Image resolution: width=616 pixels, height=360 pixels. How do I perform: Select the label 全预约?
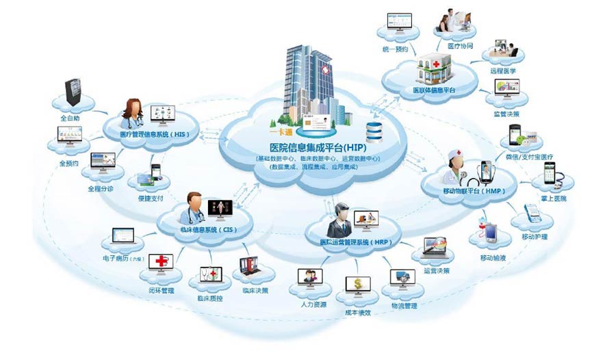tap(68, 164)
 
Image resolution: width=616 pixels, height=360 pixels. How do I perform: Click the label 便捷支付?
tap(150, 199)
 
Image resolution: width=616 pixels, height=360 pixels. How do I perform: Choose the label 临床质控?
tap(211, 298)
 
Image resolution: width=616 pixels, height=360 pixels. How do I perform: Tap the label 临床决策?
tap(255, 290)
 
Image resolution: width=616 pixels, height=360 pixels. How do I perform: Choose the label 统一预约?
tap(396, 50)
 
